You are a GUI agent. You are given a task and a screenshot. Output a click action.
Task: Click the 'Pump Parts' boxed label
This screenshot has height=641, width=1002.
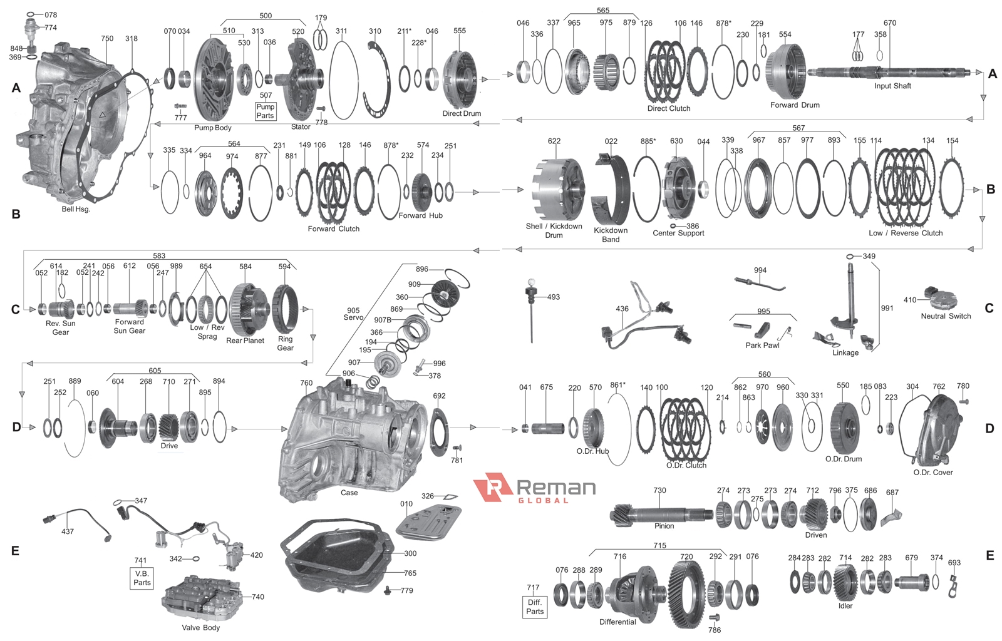click(265, 111)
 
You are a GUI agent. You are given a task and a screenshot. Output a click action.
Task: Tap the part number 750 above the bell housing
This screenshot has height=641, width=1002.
click(107, 39)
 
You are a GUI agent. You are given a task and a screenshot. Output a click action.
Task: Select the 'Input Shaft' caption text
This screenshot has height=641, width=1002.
click(892, 86)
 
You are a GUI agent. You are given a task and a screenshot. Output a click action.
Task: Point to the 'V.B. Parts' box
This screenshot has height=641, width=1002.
click(142, 578)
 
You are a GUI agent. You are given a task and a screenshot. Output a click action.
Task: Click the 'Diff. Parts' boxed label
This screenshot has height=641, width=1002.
click(535, 607)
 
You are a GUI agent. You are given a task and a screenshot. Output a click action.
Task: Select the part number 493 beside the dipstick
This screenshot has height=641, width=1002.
click(553, 297)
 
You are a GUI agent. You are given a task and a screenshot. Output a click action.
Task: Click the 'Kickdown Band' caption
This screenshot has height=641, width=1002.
click(611, 235)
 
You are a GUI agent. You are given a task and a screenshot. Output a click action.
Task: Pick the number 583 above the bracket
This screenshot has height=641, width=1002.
click(159, 256)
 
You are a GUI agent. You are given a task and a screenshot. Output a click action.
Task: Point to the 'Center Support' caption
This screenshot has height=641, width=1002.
click(678, 233)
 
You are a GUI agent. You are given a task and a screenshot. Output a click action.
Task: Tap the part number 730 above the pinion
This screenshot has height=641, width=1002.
click(659, 491)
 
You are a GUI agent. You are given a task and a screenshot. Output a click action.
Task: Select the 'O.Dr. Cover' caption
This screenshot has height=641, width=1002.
click(932, 473)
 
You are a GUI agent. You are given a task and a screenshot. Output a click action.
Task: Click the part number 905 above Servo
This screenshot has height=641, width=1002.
click(353, 310)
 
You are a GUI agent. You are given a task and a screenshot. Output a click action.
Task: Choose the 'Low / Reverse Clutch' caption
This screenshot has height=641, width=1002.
click(906, 233)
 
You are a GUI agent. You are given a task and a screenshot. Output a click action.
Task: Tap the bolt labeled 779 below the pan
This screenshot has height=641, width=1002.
click(388, 590)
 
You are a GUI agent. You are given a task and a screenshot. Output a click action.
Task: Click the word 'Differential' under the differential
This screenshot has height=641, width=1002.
click(617, 622)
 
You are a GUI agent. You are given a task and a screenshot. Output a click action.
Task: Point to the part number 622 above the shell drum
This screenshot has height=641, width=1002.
click(554, 141)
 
